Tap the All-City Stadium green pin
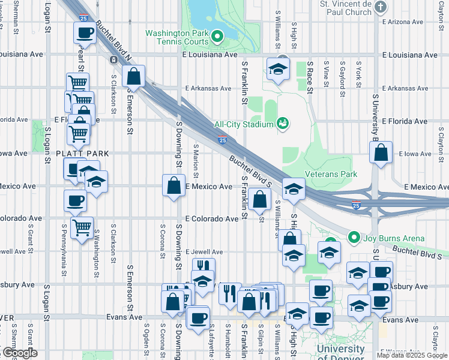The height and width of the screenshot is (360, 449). (x=283, y=124)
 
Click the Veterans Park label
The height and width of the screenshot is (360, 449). (x=331, y=175)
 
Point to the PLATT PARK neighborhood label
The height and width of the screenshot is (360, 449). (x=82, y=154)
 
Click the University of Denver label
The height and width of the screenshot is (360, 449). (x=340, y=350)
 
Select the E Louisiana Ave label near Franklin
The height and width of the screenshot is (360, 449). (x=209, y=55)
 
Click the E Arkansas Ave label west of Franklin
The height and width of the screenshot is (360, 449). (x=208, y=88)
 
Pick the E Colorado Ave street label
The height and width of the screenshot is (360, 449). (x=212, y=219)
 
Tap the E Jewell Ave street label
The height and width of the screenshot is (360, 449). (x=204, y=252)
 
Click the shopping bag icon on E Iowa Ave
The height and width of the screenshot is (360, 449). (x=381, y=154)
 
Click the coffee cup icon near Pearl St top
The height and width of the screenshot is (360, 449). (x=84, y=32)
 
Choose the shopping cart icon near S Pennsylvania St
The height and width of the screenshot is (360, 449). (x=81, y=227)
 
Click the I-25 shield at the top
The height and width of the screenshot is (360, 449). (x=86, y=3)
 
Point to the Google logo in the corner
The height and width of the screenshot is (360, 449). (x=19, y=353)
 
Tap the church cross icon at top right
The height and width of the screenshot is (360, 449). (x=381, y=7)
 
